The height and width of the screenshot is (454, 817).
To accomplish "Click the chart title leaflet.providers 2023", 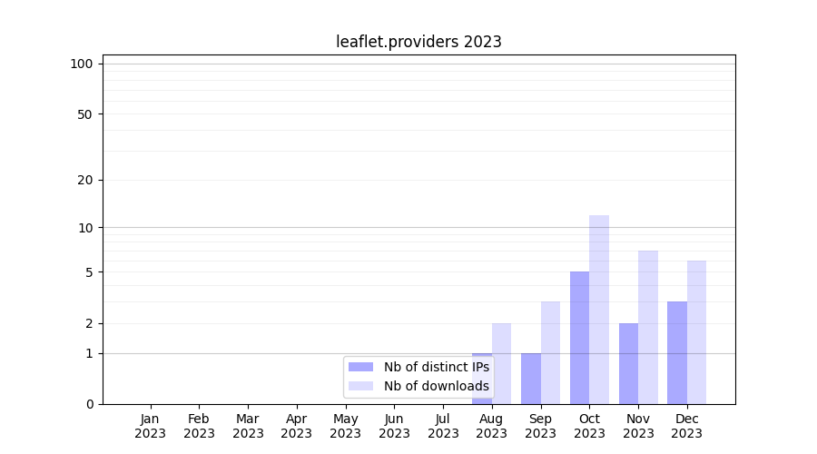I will coord(418,42).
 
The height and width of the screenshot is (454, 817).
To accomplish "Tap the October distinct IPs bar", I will coord(579,337).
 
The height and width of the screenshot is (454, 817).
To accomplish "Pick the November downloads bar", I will coord(648,327).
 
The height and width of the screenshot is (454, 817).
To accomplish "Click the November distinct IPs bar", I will coord(628,363).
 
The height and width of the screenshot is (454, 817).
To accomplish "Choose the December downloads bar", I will coord(697,331).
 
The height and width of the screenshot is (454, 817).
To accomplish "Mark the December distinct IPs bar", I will coord(677,352).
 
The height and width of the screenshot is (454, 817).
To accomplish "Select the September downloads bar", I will coord(550,352).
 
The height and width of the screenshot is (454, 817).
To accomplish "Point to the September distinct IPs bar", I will coord(530,378).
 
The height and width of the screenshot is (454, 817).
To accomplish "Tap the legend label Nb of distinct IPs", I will coord(436,367).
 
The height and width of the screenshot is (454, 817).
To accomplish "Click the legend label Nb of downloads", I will coord(436,386).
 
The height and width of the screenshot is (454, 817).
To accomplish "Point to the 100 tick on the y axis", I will coord(82,64).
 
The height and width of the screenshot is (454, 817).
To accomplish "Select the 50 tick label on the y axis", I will coord(85,114).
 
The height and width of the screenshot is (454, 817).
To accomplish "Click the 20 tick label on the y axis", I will coord(85,180).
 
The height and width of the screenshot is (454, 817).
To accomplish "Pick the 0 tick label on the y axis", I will coord(89,404).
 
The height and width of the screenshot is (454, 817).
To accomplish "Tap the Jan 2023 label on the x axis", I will coord(150,426).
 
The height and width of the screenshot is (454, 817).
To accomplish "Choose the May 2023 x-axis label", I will coord(345,426).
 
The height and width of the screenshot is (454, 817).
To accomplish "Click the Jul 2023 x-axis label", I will coord(443,426).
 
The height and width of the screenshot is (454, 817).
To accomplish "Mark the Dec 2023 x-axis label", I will coord(687,426).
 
